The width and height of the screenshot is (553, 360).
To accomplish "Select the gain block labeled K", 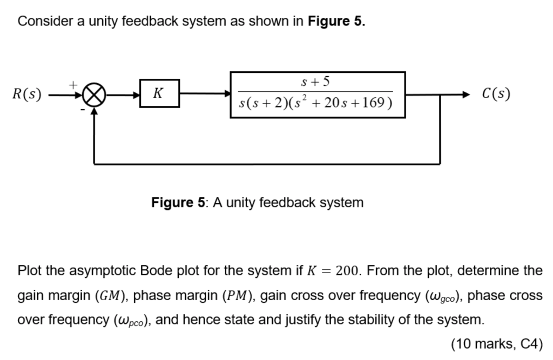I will pos(159,93).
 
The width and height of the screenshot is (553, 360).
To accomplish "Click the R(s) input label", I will pos(26,94).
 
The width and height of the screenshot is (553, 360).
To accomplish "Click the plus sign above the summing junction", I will pos(73,84).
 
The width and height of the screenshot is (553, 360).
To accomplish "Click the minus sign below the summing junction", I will pos(82,110).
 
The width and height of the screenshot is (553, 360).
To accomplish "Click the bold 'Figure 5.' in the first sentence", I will pos(336,22).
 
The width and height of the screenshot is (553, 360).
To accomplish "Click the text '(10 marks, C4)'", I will pos(496,344).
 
